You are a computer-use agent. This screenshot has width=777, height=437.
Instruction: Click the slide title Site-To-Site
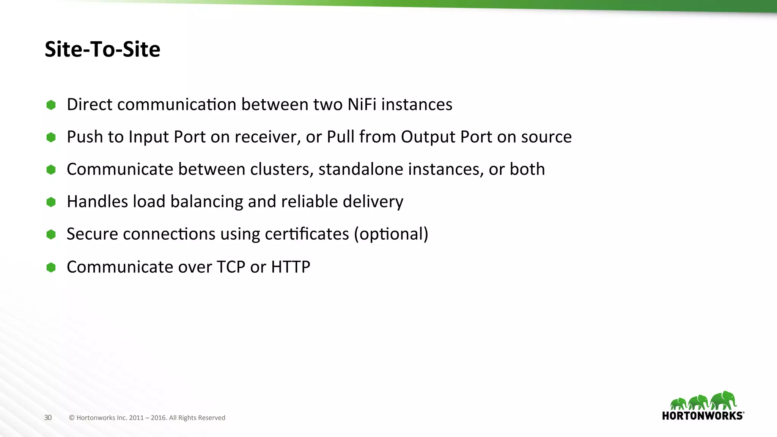click(102, 49)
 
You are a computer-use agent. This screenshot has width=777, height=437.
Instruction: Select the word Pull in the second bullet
click(340, 137)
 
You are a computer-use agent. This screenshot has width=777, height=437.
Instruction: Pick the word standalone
click(360, 169)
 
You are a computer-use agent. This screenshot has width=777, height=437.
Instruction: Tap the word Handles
click(97, 201)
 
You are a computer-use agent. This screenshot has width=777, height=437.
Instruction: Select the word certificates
click(307, 234)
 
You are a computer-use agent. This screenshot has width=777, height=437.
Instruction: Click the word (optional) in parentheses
click(391, 234)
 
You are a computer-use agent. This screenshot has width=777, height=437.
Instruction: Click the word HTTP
click(291, 267)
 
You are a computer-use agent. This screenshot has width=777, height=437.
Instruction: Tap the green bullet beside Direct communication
click(51, 105)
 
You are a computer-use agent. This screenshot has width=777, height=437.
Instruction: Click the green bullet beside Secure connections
click(51, 234)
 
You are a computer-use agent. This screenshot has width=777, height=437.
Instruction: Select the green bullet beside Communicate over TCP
click(51, 267)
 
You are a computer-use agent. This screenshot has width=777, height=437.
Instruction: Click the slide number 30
click(48, 418)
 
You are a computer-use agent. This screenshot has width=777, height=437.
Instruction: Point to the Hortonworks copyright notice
click(147, 418)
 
